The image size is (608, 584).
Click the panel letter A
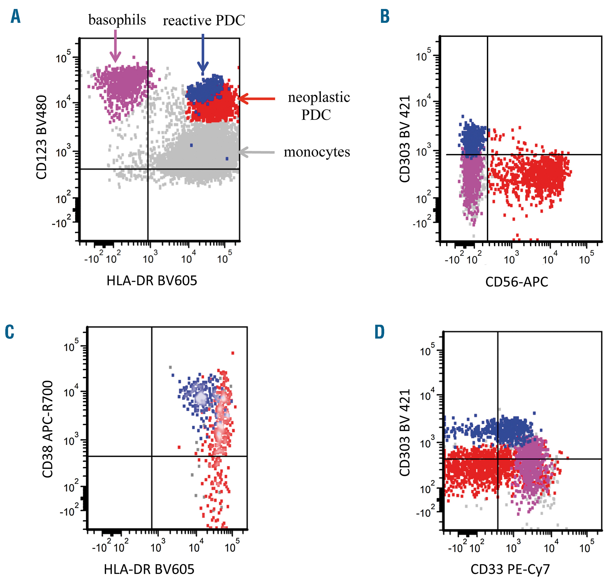pyautogui.click(x=16, y=16)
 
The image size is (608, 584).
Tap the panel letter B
pyautogui.click(x=385, y=16)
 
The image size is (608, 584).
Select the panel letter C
pyautogui.click(x=10, y=332)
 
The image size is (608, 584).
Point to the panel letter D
pyautogui.click(x=380, y=332)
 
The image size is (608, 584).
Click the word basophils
pyautogui.click(x=117, y=20)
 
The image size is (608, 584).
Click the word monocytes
pyautogui.click(x=317, y=152)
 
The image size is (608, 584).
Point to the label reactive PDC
pyautogui.click(x=204, y=21)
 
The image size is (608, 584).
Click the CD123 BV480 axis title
pyautogui.click(x=41, y=137)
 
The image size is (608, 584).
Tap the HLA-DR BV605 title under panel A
pyautogui.click(x=152, y=281)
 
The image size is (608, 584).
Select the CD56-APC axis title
pyautogui.click(x=516, y=282)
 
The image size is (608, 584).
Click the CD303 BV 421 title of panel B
pyautogui.click(x=405, y=139)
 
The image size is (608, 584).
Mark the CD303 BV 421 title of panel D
pyautogui.click(x=405, y=433)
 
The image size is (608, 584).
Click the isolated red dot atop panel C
pyautogui.click(x=233, y=353)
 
